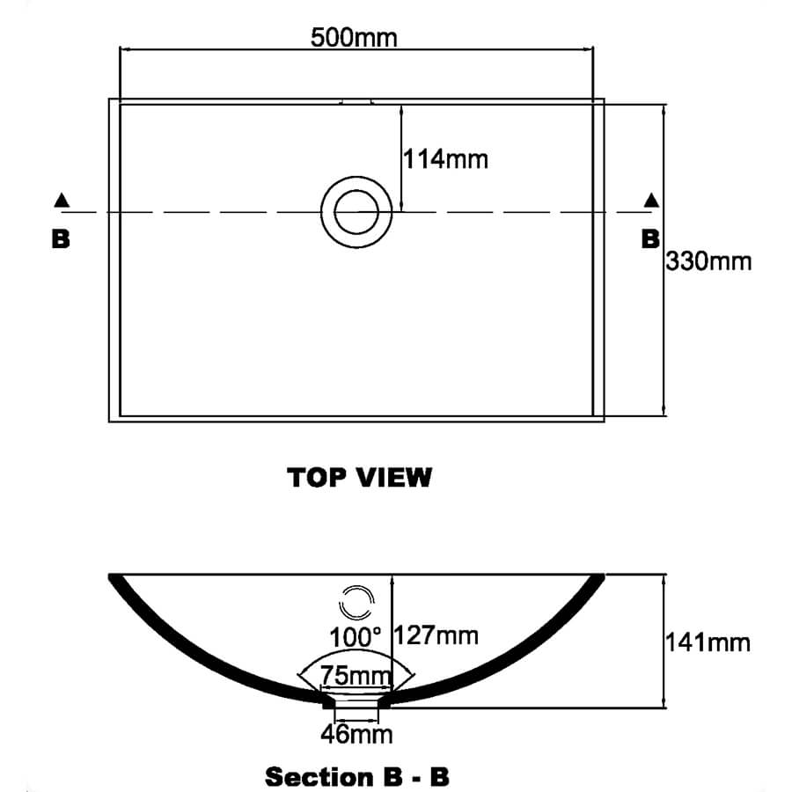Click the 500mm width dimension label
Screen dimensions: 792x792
354,38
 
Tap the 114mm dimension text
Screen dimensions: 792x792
445,159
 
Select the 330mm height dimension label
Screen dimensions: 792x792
708,261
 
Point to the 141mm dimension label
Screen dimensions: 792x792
708,643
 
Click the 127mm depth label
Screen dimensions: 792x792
436,635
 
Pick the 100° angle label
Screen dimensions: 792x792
356,637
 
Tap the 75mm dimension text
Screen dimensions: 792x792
356,675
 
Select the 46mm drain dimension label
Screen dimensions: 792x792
356,734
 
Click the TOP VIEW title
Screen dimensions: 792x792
359,478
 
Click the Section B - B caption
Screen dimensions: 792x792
357,776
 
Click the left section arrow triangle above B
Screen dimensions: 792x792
62,200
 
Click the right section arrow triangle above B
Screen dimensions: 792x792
651,200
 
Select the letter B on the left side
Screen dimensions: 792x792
61,238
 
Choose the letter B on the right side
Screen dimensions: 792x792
650,238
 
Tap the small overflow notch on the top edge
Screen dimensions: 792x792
356,101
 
